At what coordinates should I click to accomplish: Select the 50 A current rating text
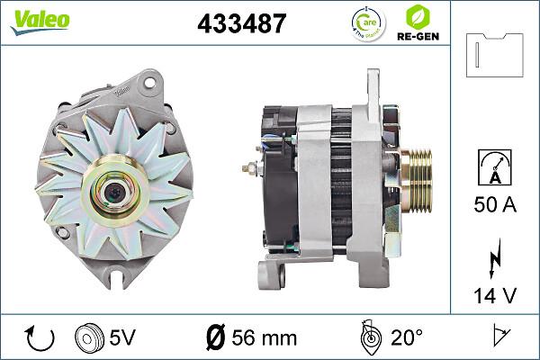tap(495, 206)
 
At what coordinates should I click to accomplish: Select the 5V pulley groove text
tap(122, 339)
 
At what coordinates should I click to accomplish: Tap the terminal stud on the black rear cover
tap(249, 167)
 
